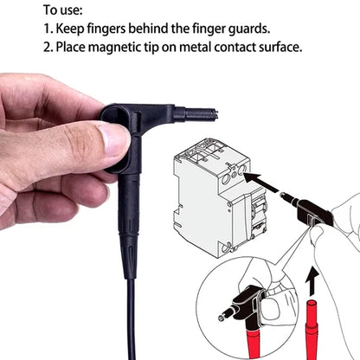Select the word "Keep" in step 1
coord(75,28)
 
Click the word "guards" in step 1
coord(269,28)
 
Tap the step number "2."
coord(48,46)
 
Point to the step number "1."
coord(48,28)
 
